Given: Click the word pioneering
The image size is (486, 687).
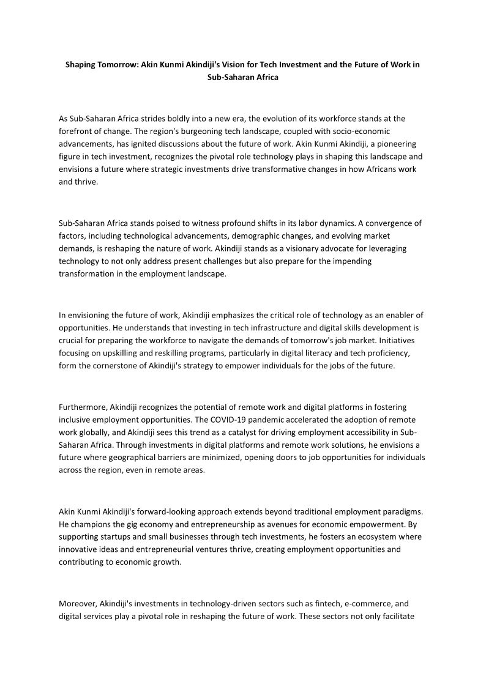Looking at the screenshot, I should [389, 144].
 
